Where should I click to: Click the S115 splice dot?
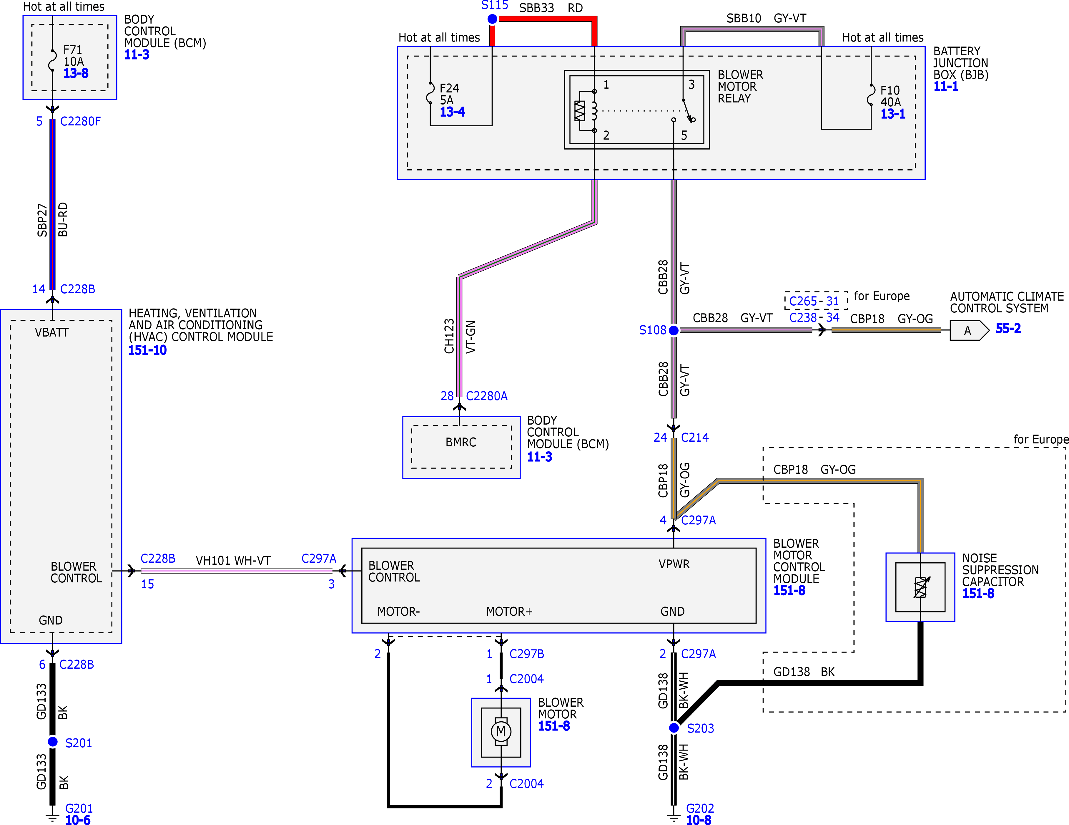[x=492, y=19]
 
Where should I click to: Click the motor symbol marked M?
[x=501, y=732]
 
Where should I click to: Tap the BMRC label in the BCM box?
[x=460, y=442]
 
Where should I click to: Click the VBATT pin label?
[x=51, y=333]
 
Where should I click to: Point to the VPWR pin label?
[x=674, y=564]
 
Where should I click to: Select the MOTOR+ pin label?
[x=509, y=612]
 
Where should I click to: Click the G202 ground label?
[x=700, y=808]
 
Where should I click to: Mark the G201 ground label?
[x=79, y=808]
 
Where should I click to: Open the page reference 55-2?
[x=1008, y=329]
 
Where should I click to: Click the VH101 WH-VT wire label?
[x=233, y=560]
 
